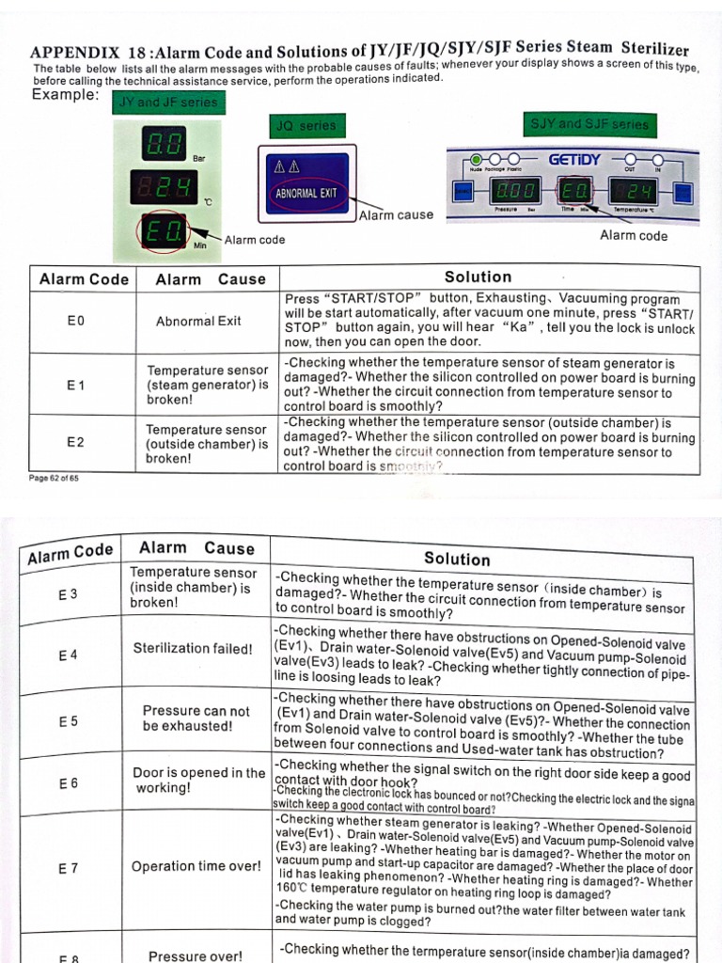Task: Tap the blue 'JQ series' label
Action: coord(306,126)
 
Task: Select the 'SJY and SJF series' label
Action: coord(589,124)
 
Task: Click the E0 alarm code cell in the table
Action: coord(76,321)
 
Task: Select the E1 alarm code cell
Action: coord(76,385)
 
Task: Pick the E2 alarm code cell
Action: coord(76,442)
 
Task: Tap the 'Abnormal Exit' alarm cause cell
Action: coord(198,321)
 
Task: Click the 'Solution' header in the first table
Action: coord(478,277)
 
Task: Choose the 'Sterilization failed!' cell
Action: coord(193,648)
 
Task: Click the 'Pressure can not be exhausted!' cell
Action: coord(196,718)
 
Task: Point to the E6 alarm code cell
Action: coord(69,782)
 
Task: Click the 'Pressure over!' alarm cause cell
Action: coord(195,955)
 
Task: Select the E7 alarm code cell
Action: coord(68,869)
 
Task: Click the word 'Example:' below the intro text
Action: coord(65,96)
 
